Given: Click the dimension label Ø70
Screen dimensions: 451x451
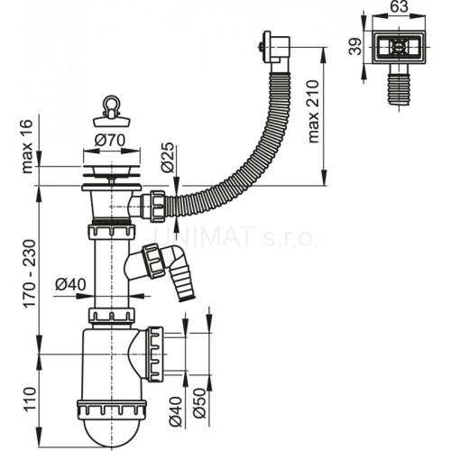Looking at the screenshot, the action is click(110, 140).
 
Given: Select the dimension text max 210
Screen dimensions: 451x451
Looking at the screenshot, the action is click(313, 111).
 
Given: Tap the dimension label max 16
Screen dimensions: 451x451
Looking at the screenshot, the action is click(27, 146).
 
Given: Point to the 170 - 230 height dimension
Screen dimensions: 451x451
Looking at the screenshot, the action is click(30, 273).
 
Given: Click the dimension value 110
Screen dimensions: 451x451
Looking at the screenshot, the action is click(30, 399).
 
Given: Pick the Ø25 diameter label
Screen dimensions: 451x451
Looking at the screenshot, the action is click(167, 157).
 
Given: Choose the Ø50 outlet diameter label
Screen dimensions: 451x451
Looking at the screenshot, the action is click(199, 403).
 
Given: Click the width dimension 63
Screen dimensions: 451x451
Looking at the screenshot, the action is click(399, 6).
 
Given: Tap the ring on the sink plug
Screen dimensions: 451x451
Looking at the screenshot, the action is click(111, 104).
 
